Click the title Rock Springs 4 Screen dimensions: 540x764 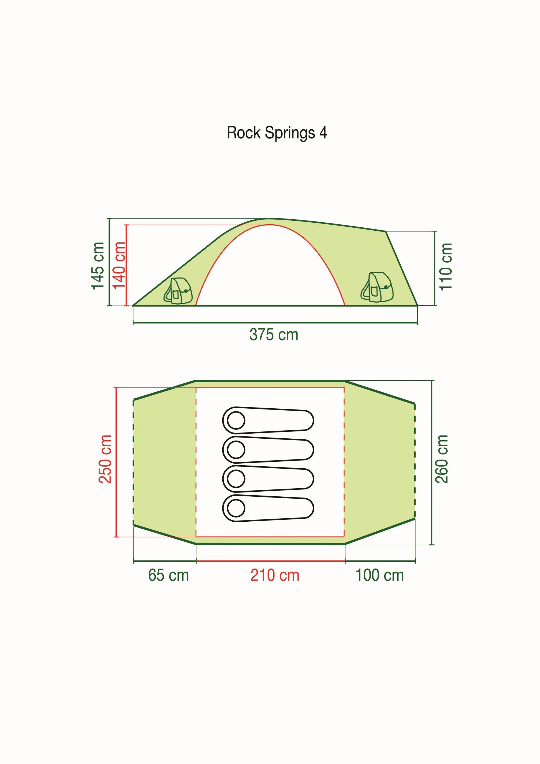click(277, 133)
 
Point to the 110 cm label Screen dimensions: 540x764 click(446, 267)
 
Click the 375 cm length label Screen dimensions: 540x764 click(274, 335)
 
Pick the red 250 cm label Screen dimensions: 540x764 click(105, 459)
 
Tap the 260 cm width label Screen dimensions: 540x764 click(441, 459)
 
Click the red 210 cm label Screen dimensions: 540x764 click(275, 575)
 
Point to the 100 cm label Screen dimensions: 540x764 click(380, 575)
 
